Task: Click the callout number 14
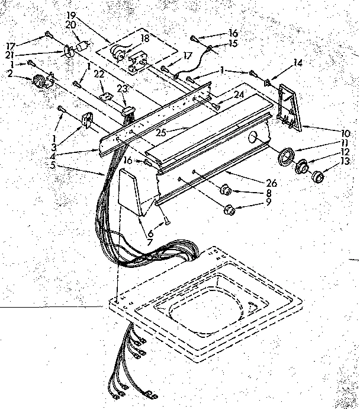(x=297, y=62)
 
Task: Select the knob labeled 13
(x=319, y=176)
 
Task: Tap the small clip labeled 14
(x=268, y=82)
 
